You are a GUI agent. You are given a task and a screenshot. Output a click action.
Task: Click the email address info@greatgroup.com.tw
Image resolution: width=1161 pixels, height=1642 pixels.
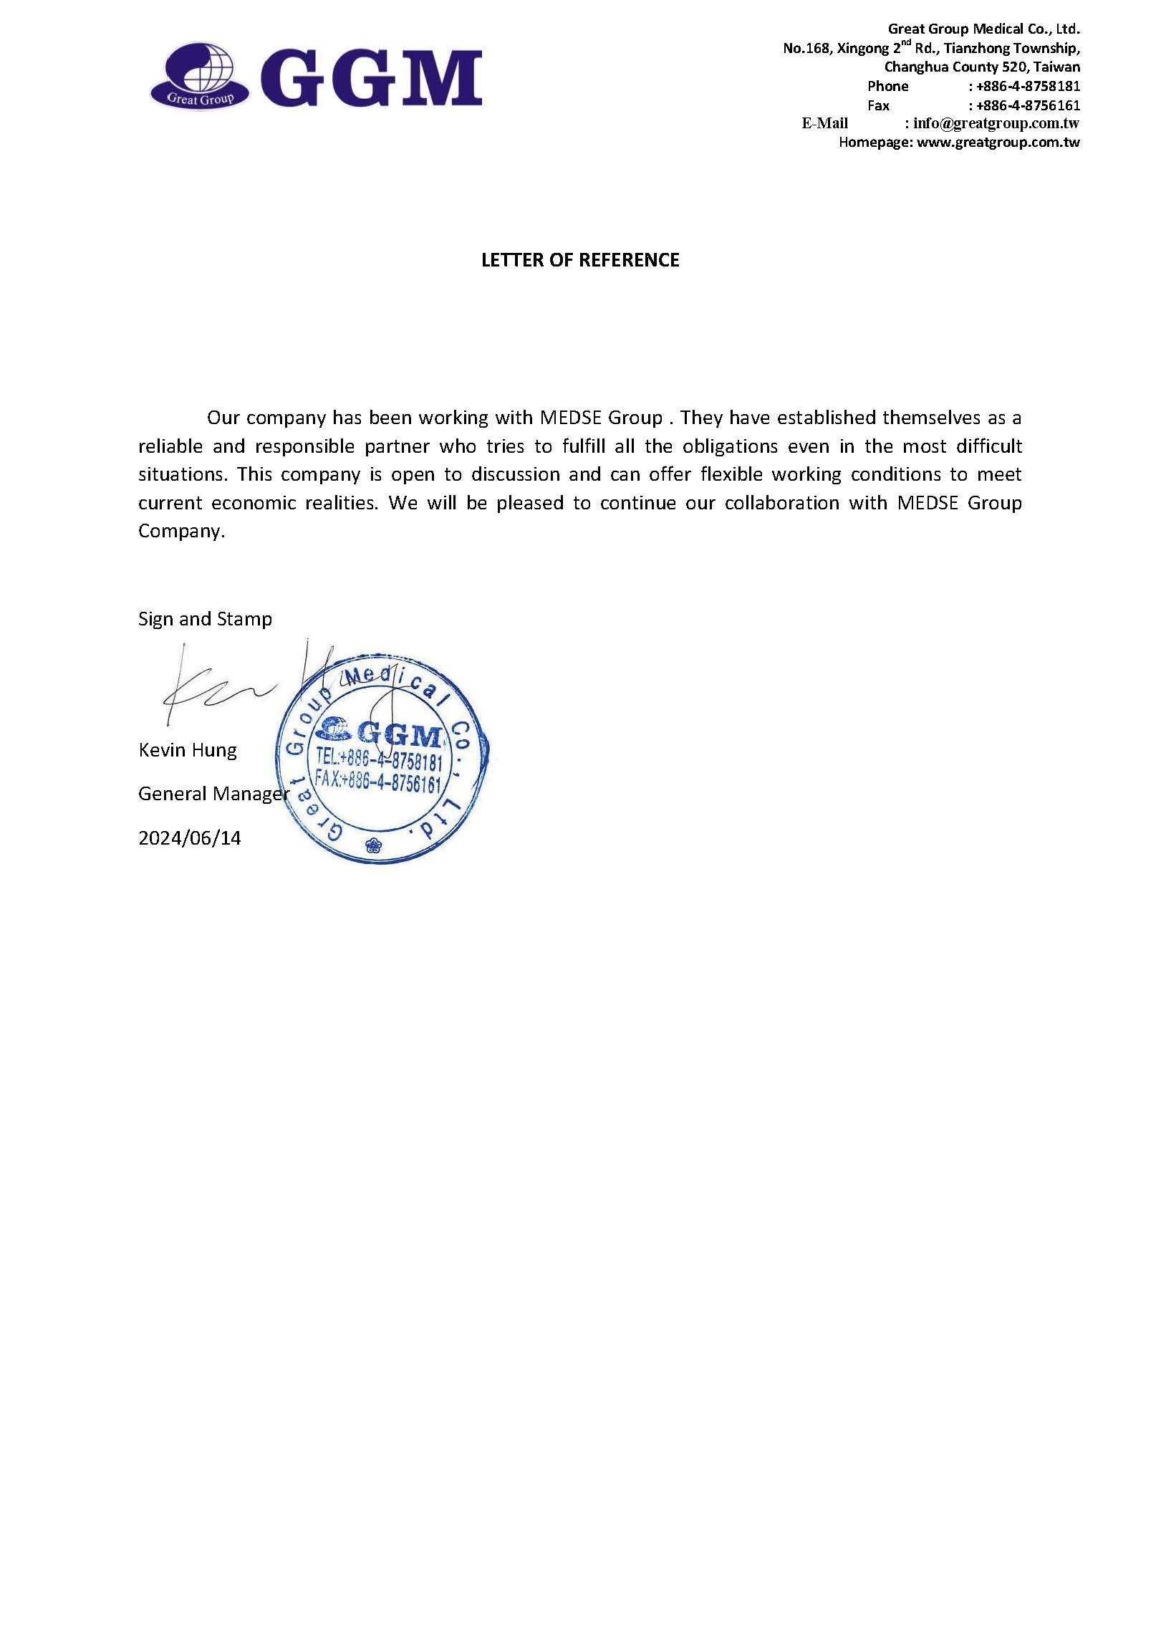pos(996,123)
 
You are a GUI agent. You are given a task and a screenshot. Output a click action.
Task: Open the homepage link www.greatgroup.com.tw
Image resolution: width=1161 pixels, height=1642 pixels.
pos(998,142)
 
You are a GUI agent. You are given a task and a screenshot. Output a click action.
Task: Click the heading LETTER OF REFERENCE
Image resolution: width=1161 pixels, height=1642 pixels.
pos(580,260)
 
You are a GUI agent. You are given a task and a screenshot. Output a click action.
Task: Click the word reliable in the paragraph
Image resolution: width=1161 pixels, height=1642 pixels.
pos(170,446)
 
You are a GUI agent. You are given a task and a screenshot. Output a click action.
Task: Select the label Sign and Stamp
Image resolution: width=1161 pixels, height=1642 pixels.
pos(205,619)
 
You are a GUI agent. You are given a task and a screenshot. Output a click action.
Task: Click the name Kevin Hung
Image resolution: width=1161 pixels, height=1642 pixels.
pos(188,750)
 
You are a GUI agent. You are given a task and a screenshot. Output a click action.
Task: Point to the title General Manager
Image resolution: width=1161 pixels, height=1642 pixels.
pos(213,794)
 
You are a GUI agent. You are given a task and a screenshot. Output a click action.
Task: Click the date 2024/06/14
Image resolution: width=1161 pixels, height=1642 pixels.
pos(190,837)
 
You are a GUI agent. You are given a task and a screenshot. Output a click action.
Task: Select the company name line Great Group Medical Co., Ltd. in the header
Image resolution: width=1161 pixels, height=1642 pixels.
pos(983,29)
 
